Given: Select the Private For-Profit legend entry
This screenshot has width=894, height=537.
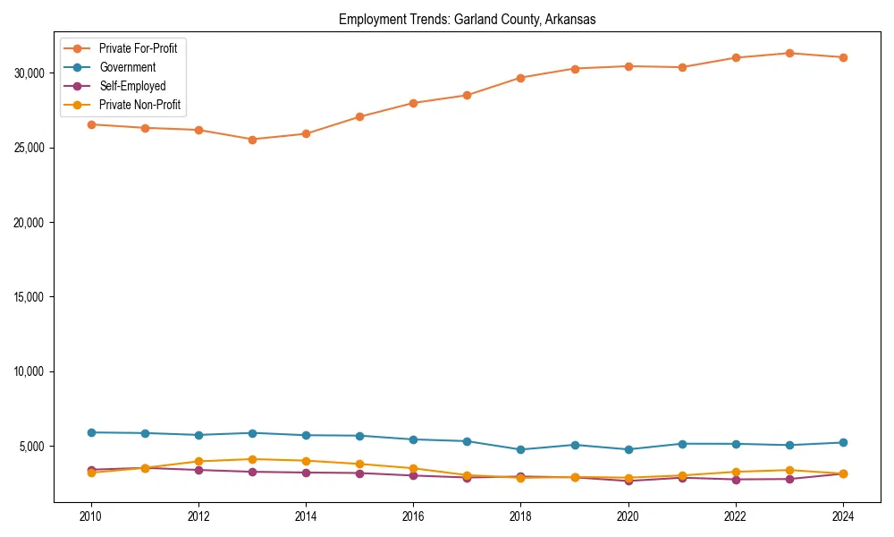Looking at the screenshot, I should click(138, 48).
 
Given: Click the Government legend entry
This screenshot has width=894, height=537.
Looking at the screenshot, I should click(127, 67).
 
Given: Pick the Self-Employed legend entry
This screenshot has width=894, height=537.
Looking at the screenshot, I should click(132, 86).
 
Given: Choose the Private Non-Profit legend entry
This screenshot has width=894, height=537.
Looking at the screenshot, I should click(139, 105).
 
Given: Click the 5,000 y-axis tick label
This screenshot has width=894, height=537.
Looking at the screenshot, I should click(35, 447).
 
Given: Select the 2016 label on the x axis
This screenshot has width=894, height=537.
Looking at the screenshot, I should click(413, 516).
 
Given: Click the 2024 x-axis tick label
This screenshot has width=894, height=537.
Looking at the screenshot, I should click(843, 516).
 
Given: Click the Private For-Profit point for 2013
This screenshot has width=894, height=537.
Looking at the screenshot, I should click(252, 140).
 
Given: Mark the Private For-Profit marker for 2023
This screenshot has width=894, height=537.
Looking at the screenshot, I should click(789, 53).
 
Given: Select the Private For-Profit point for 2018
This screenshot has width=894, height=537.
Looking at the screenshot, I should click(520, 78).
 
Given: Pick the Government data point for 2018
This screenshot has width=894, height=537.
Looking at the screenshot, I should click(520, 449).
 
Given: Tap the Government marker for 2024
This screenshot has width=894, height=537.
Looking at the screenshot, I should click(843, 442).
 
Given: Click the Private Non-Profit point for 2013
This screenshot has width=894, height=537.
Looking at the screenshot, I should click(252, 459).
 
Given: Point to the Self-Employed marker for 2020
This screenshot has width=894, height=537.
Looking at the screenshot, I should click(628, 481).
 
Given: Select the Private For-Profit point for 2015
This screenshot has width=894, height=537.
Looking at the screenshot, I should click(359, 116).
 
